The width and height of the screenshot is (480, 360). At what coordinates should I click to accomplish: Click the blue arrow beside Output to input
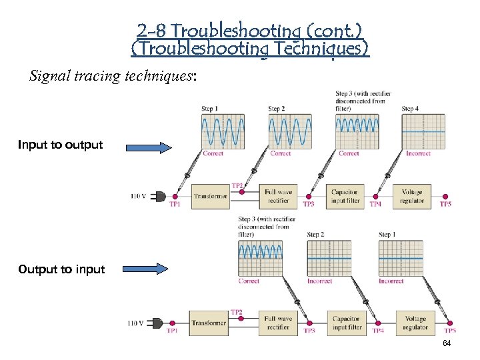(x=148, y=269)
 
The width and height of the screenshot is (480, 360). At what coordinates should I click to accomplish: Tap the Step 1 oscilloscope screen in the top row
(x=222, y=130)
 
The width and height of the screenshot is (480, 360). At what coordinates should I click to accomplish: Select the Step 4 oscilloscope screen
(x=423, y=130)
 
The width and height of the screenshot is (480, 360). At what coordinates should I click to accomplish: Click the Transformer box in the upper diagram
(x=211, y=196)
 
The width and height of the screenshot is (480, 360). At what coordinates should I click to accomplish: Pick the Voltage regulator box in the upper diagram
(x=411, y=196)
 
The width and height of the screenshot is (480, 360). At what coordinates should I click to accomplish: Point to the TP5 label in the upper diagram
(x=445, y=204)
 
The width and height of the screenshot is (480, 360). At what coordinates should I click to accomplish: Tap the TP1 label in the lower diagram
(x=171, y=331)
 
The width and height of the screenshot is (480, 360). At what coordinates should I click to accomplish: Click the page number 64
(x=446, y=342)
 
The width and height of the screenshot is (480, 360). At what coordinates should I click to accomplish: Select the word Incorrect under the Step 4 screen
(x=418, y=154)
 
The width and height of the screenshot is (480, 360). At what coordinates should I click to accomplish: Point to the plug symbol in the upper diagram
(x=161, y=196)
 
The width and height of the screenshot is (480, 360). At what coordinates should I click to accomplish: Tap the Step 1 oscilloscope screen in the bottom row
(x=401, y=258)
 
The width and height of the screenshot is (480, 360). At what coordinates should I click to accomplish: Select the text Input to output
(x=60, y=145)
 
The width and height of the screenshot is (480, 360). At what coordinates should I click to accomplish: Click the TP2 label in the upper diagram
(x=237, y=185)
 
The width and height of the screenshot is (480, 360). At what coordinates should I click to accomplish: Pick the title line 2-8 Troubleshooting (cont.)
(x=250, y=31)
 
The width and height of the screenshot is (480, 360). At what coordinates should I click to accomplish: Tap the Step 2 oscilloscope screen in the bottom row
(x=329, y=258)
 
